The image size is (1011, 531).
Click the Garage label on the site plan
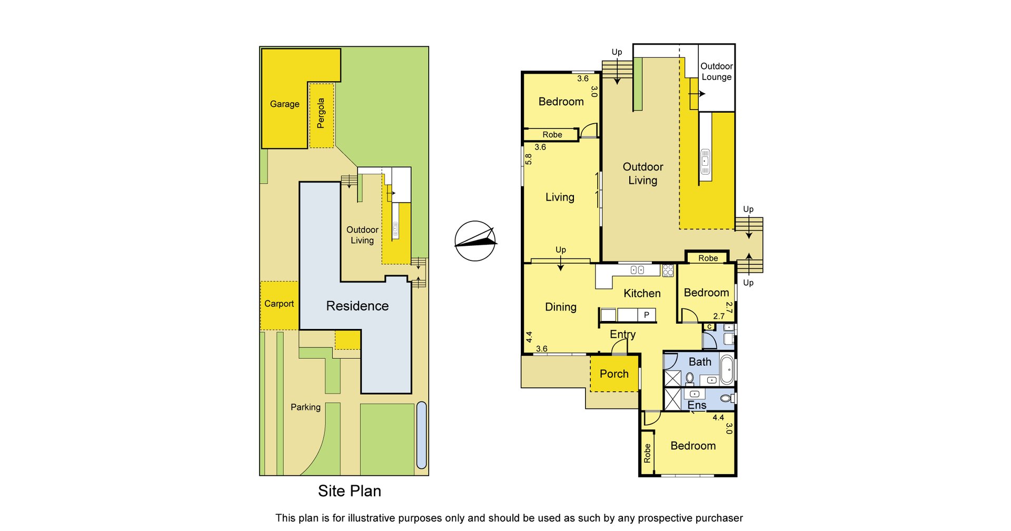point(284,104)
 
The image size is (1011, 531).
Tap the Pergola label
point(321,113)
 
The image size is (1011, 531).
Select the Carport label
point(279,304)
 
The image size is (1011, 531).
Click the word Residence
point(357,306)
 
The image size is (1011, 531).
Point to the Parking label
point(305,407)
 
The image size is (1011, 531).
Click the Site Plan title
point(349,491)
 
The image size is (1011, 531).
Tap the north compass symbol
point(475,241)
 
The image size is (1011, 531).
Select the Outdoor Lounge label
point(717,72)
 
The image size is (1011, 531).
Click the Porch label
point(614,374)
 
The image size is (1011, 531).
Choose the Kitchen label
point(642,294)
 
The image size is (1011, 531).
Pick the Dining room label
point(561,307)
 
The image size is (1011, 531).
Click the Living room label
point(560,197)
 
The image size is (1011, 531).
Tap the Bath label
point(700,362)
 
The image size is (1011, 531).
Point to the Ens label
point(697,405)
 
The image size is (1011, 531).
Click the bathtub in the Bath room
point(727,369)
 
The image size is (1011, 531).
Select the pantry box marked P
point(647,315)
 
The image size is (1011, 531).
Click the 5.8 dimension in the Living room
point(528,159)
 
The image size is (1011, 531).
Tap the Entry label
point(623,335)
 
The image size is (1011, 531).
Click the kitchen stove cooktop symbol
point(668,270)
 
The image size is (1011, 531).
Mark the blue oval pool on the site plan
point(421,435)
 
